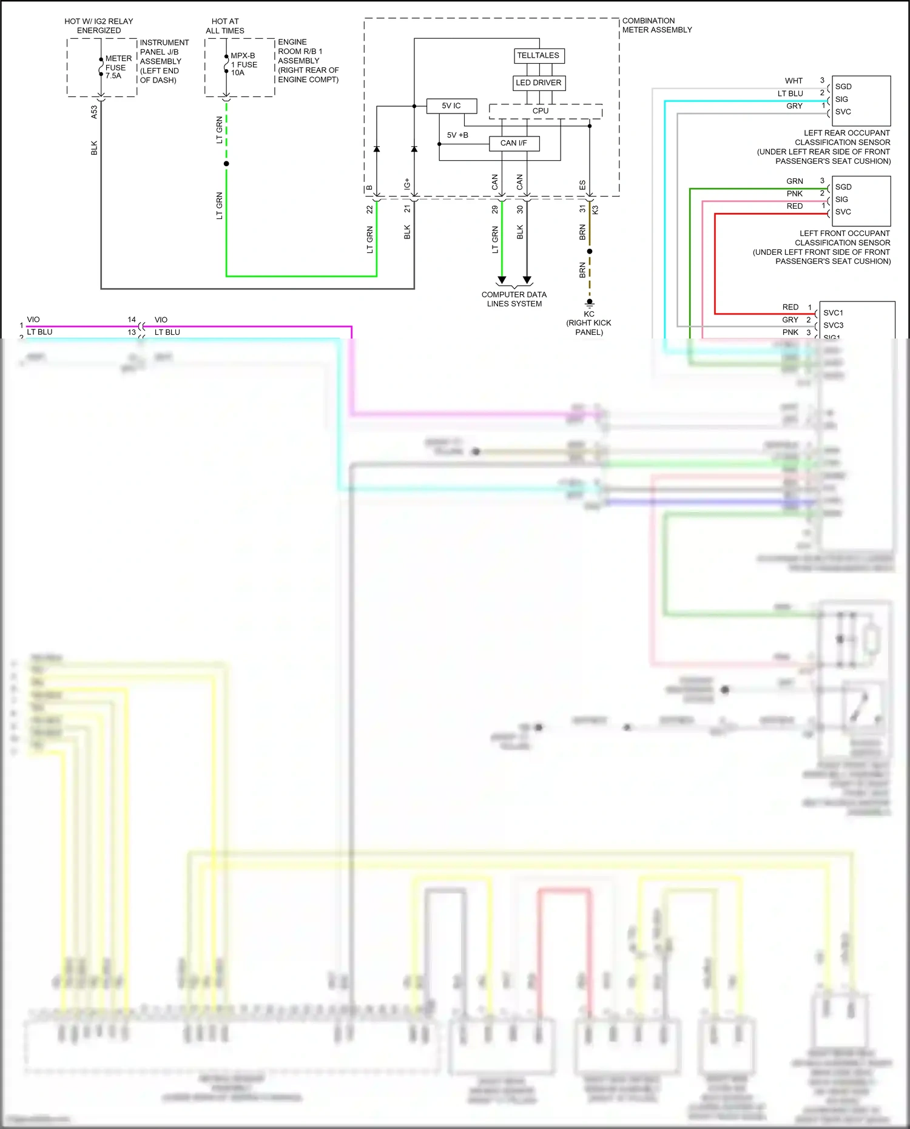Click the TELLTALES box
pos(538,56)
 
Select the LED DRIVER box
pos(539,83)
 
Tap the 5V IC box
pos(451,106)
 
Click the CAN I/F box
pos(514,143)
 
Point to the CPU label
pos(541,111)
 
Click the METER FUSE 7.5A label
pos(118,67)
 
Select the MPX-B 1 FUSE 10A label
pos(243,64)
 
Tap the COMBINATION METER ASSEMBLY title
pos(656,25)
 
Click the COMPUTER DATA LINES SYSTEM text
pos(514,299)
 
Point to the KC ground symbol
pos(589,303)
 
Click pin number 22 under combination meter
pos(369,209)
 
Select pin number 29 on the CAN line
pos(495,209)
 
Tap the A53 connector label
pos(94,112)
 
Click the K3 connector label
pos(596,210)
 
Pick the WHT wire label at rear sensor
pos(794,81)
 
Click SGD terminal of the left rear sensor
pos(843,87)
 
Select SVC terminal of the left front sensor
pos(843,212)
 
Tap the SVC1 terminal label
pos(833,313)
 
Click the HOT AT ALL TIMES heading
pos(225,26)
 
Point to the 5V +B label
pos(457,135)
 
